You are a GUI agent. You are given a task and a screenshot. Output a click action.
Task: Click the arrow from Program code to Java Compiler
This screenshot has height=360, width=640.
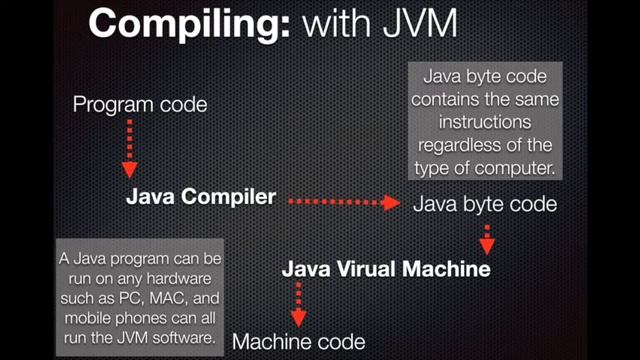coord(128,148)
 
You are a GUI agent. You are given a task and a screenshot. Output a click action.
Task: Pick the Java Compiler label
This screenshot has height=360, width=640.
coord(200,197)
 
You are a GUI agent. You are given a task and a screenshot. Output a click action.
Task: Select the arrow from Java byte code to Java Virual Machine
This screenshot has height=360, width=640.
coord(487,239)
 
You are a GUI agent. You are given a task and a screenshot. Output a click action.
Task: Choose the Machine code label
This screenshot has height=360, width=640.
coord(298,342)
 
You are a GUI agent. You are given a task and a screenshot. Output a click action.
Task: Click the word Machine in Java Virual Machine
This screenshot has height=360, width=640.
coord(444,269)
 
